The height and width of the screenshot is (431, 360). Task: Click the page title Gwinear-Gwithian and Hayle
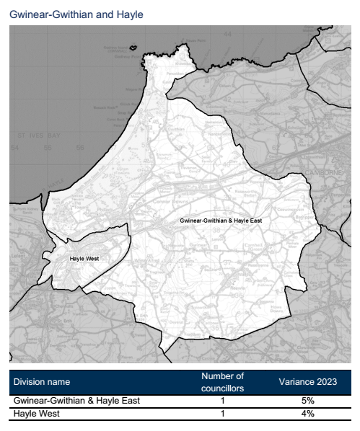76,14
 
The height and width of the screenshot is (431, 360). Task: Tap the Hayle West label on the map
84,258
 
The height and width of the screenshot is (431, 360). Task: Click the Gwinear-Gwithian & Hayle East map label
220,219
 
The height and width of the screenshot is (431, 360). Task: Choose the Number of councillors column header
223,381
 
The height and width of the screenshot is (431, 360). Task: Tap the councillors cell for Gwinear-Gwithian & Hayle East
223,401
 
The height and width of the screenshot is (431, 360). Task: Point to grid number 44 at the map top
228,34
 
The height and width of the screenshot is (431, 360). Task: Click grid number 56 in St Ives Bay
79,148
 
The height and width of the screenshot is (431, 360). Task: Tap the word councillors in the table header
223,387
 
